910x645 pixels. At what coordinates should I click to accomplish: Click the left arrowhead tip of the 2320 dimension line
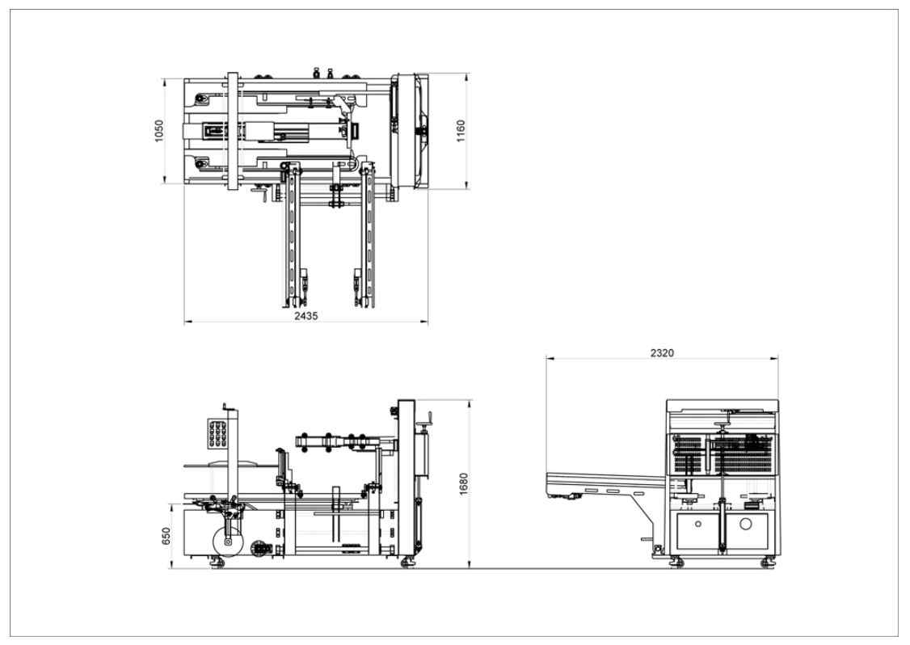click(546, 359)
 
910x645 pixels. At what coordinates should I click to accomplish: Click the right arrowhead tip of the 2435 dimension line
click(428, 320)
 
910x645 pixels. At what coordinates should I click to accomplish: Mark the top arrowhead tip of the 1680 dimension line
click(468, 400)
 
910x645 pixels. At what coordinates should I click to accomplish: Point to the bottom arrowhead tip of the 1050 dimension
click(165, 183)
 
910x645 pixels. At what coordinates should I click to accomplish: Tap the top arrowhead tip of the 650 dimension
click(172, 504)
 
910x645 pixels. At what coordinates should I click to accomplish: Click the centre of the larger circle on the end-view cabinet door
click(746, 525)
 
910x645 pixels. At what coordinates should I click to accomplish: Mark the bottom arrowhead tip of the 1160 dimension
click(466, 188)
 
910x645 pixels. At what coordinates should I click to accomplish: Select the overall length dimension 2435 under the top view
click(305, 316)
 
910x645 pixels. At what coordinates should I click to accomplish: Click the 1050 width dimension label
click(159, 131)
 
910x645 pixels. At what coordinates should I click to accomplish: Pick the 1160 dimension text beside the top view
click(461, 131)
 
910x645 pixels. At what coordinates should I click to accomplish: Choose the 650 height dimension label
click(166, 536)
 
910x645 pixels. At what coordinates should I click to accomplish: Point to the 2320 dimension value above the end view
click(662, 353)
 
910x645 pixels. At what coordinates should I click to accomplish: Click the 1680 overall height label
click(463, 484)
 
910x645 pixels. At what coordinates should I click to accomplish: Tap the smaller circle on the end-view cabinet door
click(698, 525)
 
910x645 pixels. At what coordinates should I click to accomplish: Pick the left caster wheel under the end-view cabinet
click(676, 562)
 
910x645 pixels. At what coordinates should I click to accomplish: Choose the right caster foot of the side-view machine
click(406, 562)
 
